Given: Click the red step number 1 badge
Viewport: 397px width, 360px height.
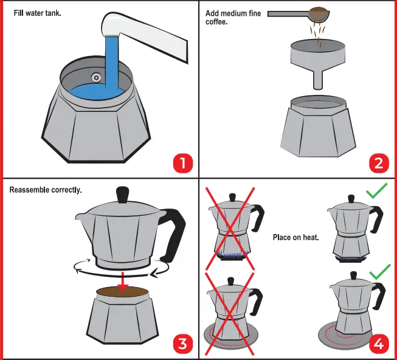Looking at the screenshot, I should [182, 163].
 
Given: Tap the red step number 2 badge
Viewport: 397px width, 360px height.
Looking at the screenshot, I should [378, 163].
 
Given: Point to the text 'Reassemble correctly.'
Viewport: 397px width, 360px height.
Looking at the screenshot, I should [46, 190].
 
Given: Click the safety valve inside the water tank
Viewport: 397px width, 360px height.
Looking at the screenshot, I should [96, 77].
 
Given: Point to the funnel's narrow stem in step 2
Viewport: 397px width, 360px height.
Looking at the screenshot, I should [317, 78].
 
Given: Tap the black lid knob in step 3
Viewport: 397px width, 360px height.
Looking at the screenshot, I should [123, 195].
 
